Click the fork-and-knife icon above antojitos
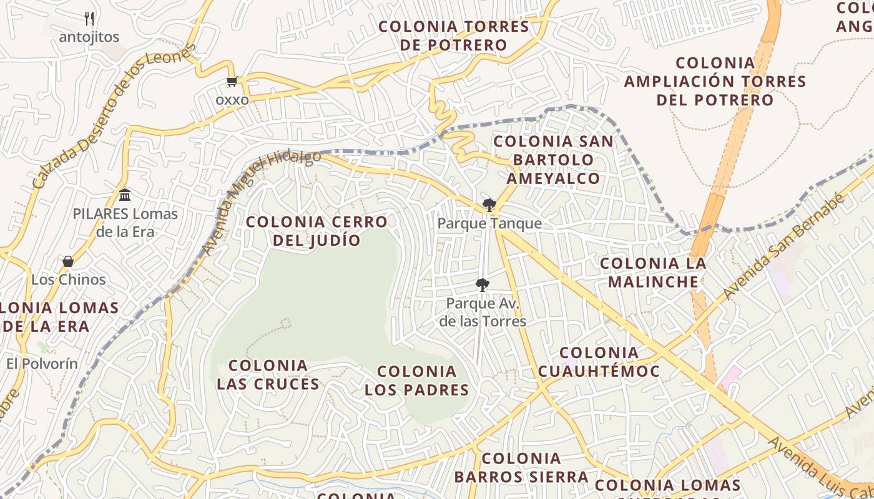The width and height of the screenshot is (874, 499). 89,18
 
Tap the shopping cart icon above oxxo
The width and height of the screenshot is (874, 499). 232,81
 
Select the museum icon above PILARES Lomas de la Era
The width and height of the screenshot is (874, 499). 125,195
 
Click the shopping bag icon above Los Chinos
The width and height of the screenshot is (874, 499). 68,261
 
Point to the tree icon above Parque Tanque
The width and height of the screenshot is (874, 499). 489,205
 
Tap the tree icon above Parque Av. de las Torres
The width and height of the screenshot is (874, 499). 482,285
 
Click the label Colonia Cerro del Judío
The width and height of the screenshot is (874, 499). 317,231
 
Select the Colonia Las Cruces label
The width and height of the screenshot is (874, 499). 268,374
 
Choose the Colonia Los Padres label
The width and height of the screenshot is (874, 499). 416,380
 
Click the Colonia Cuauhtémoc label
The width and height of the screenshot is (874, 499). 599,362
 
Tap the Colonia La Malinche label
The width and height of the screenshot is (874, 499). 653,273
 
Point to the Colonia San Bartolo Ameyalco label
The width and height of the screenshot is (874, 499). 553,160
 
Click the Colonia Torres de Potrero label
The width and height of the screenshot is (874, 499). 454,36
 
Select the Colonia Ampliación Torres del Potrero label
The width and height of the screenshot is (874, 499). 715,81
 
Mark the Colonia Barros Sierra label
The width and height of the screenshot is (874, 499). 521,468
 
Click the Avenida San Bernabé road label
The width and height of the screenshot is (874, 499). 784,247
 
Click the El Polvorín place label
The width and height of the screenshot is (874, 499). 42,364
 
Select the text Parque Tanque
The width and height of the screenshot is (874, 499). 489,223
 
